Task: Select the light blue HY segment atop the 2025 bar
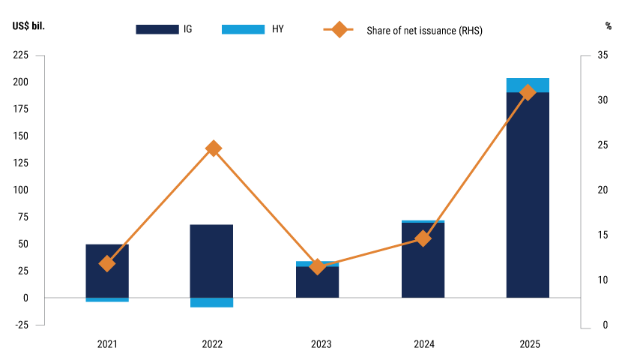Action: click(x=527, y=85)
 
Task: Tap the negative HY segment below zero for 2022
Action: click(x=213, y=302)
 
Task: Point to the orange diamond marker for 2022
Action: click(x=213, y=148)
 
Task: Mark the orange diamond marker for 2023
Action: click(x=318, y=266)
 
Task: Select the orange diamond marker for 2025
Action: click(x=528, y=92)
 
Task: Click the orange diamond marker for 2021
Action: click(x=107, y=263)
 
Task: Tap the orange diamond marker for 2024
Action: click(x=423, y=238)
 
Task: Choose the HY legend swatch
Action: click(x=243, y=29)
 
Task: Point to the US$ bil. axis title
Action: click(x=28, y=26)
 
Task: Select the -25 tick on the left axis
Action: click(x=20, y=325)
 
